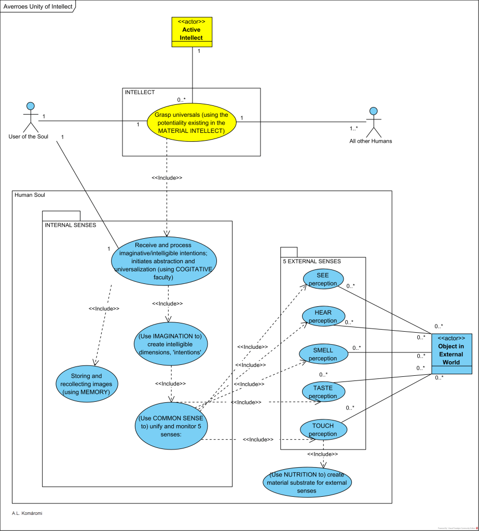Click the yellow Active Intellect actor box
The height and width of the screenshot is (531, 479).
[193, 32]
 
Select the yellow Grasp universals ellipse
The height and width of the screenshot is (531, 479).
[191, 123]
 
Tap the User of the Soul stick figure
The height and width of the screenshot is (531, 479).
[31, 117]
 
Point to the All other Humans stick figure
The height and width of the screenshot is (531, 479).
[372, 123]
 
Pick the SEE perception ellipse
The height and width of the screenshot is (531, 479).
[323, 279]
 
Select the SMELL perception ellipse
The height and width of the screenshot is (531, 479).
[323, 355]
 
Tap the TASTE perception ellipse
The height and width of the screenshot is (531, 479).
[323, 392]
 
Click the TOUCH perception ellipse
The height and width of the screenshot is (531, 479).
[323, 430]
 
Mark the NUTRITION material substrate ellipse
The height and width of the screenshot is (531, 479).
[307, 482]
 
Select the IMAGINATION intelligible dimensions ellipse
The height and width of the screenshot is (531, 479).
[171, 343]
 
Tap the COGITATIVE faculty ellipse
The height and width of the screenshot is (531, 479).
[163, 261]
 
